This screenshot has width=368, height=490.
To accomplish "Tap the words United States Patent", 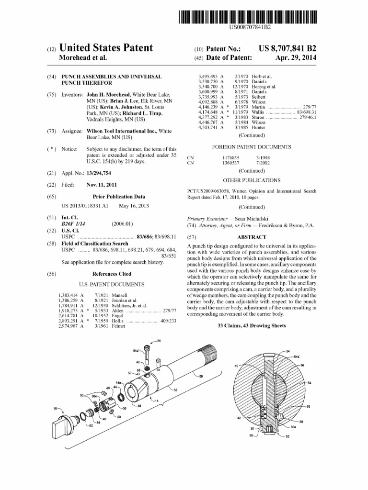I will coord(106,48).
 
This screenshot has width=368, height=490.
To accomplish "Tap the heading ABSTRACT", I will coord(252,237).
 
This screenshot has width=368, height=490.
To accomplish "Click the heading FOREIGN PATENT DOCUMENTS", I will coord(251,147).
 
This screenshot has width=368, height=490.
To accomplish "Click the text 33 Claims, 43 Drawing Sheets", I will coord(252,325).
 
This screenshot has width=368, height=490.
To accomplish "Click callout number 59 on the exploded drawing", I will coord(201,376).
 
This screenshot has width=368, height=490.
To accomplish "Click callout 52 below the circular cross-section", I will coord(287,436).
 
